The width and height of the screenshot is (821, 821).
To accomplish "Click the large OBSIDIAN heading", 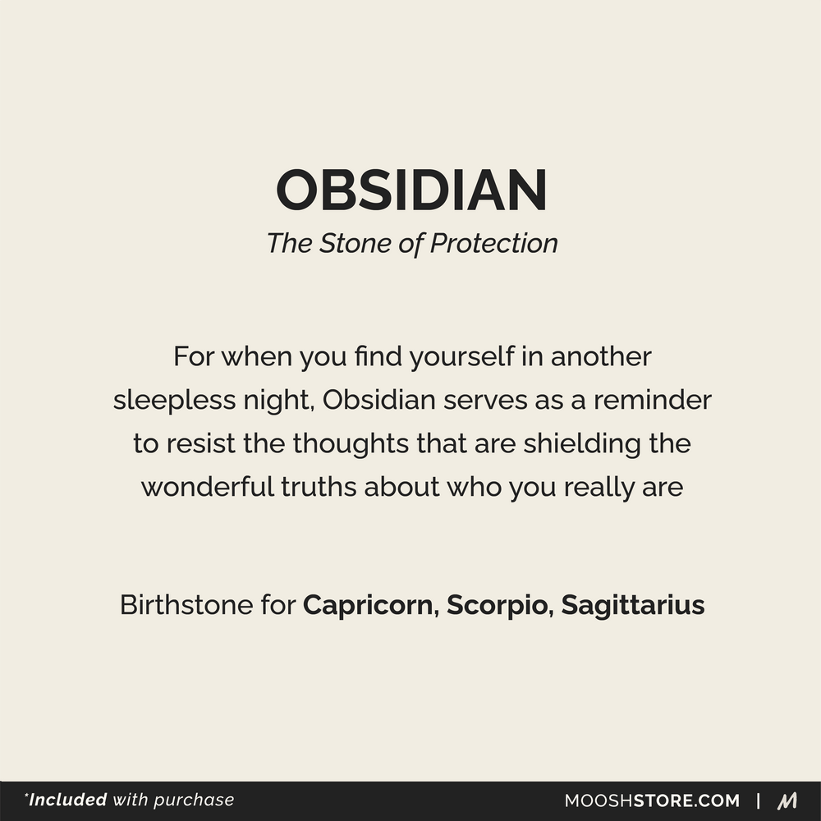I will coord(411,190).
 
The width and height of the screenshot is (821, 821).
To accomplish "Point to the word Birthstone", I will coord(185,606).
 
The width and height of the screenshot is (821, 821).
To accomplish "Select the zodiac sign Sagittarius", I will coord(633,606).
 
